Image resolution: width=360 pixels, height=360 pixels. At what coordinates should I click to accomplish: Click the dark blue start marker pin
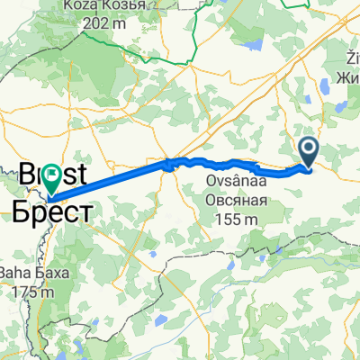point(309,152)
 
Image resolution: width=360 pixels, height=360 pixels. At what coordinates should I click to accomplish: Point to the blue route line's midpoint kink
point(168,163)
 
